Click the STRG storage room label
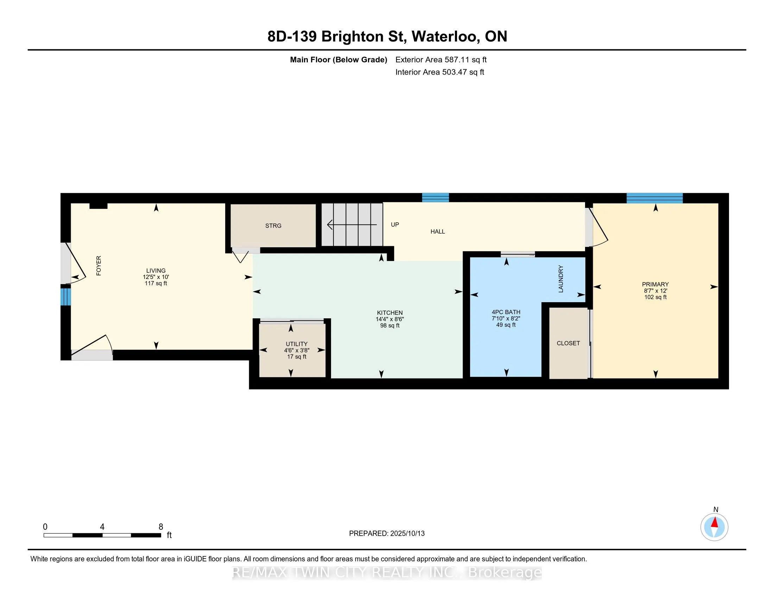[273, 226]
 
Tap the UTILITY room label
[297, 344]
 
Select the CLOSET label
[568, 343]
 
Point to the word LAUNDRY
[561, 279]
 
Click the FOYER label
[99, 266]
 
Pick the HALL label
[438, 232]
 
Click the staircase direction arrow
[351, 225]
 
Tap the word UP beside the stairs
[395, 225]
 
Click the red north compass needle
[715, 522]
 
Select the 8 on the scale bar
[161, 527]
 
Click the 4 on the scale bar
[102, 527]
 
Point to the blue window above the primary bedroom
[655, 198]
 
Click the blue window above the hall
[436, 198]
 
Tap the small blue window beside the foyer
[65, 297]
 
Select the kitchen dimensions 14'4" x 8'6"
[390, 319]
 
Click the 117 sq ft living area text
[156, 284]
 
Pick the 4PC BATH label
[506, 312]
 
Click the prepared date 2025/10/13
[407, 534]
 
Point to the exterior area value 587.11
[456, 60]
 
